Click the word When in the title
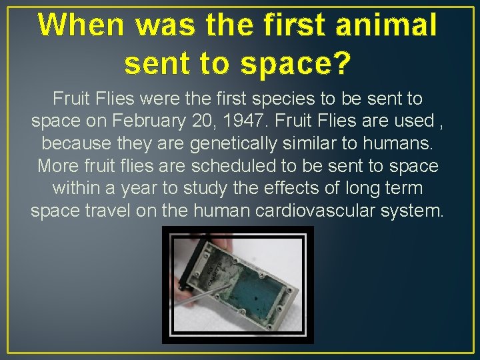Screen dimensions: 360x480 [x=81, y=25]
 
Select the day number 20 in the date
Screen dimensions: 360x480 [x=217, y=121]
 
